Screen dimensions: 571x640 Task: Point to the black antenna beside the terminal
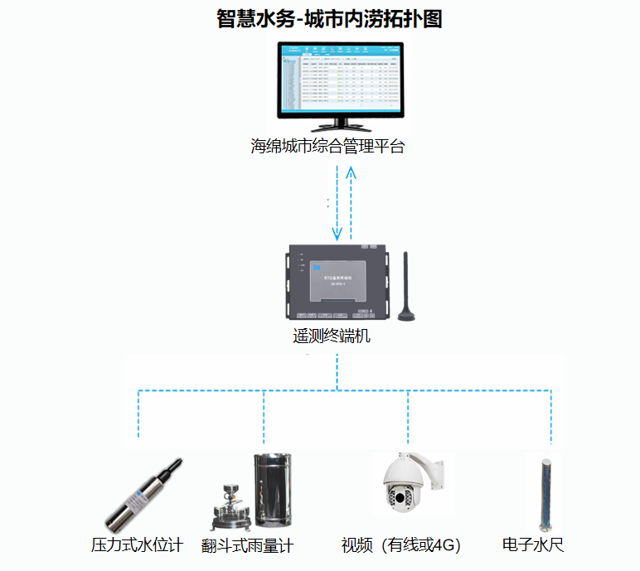click(x=406, y=286)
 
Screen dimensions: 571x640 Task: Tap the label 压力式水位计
click(x=137, y=545)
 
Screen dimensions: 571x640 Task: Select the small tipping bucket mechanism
click(x=227, y=511)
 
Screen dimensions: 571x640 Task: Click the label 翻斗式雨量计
click(x=248, y=546)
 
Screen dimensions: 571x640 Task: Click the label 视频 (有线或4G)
click(x=400, y=545)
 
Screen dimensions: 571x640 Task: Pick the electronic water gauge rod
click(x=546, y=494)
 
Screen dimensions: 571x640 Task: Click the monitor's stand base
click(x=338, y=129)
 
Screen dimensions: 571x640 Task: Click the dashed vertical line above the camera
click(x=409, y=419)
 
